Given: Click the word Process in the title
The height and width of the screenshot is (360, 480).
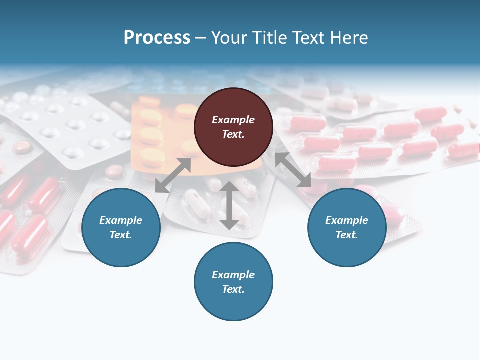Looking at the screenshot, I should click(x=157, y=38).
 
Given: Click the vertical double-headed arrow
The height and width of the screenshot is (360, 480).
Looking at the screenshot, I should click(x=229, y=205).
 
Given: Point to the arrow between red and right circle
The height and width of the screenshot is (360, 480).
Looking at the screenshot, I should click(x=293, y=170).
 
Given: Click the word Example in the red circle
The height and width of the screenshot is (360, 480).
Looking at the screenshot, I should click(x=233, y=120).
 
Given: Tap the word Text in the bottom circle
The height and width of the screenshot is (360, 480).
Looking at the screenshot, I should click(x=233, y=289).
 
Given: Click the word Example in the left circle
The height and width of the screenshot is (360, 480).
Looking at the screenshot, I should click(x=121, y=220).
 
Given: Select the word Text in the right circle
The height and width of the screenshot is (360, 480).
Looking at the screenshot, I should click(x=346, y=235).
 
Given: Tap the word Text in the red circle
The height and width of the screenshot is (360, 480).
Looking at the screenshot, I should click(x=233, y=134).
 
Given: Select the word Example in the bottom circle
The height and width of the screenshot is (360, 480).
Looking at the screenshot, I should click(x=233, y=275).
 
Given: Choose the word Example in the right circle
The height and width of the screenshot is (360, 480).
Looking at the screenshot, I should click(x=347, y=220).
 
